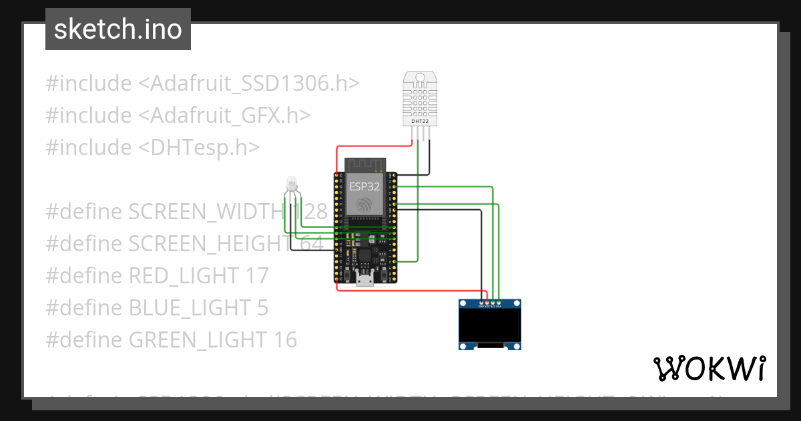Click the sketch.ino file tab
point(118,29)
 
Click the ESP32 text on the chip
point(364,186)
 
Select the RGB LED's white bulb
point(292,182)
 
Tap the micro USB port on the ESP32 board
point(364,279)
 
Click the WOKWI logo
point(709,369)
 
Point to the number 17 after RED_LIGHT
point(256,276)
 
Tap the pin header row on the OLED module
point(490,303)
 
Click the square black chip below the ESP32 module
point(365,255)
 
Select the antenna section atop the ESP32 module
point(364,164)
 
